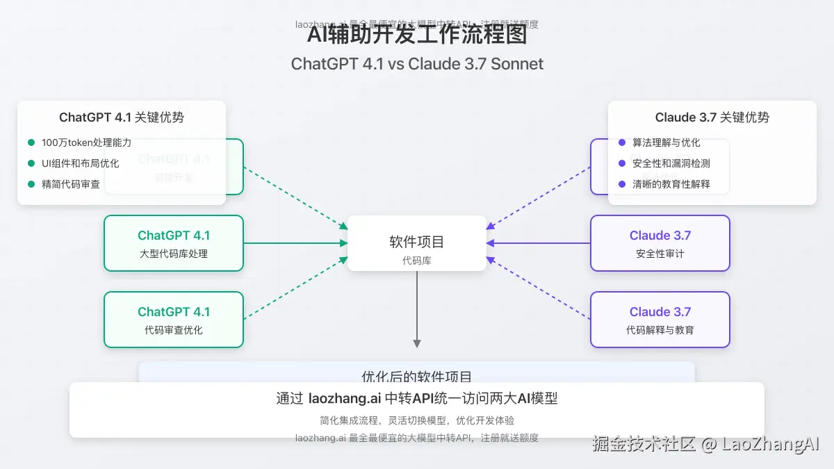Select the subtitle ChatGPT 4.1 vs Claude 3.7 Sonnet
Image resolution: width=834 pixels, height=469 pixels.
pyautogui.click(x=417, y=64)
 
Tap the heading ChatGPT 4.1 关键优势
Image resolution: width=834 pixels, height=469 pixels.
pyautogui.click(x=122, y=117)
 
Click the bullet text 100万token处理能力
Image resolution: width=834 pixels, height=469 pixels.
pyautogui.click(x=86, y=142)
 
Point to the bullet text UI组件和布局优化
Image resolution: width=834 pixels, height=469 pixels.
pyautogui.click(x=80, y=163)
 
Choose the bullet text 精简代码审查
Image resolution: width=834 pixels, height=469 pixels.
pyautogui.click(x=71, y=184)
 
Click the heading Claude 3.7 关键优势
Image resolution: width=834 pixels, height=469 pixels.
pyautogui.click(x=712, y=117)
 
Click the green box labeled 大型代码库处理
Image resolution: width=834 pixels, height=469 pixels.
pyautogui.click(x=174, y=243)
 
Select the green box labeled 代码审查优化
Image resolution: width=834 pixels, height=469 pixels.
pyautogui.click(x=174, y=320)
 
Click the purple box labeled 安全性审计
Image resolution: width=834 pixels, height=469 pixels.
pyautogui.click(x=660, y=243)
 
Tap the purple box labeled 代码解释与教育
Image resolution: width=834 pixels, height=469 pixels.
pyautogui.click(x=660, y=320)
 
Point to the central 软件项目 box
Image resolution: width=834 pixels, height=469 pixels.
pyautogui.click(x=417, y=243)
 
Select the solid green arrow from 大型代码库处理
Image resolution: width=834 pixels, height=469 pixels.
pyautogui.click(x=295, y=243)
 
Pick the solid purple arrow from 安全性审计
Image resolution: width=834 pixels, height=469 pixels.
pyautogui.click(x=539, y=243)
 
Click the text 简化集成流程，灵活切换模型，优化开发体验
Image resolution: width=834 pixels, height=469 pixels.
pyautogui.click(x=417, y=420)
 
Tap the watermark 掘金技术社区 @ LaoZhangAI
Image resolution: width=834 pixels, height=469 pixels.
pyautogui.click(x=706, y=444)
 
